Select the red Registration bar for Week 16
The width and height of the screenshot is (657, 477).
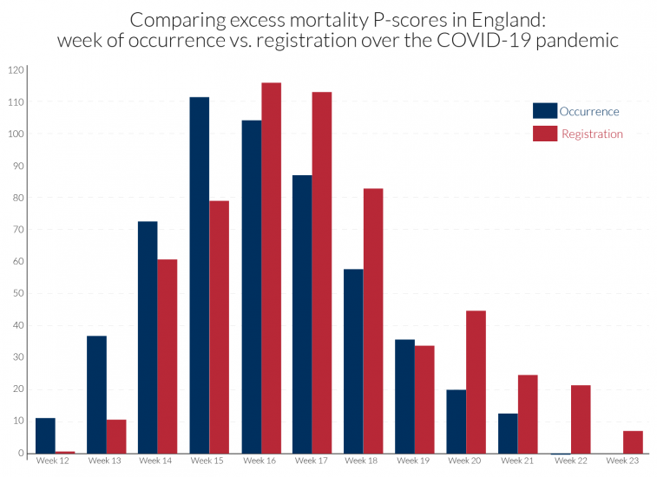pos(271,268)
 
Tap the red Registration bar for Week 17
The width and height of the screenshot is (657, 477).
pos(322,272)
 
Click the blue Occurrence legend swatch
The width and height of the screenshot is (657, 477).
pos(544,111)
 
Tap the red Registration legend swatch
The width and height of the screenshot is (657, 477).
pos(544,134)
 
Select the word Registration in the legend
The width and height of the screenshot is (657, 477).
pos(592,134)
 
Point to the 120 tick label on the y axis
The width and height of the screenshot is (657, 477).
pos(16,70)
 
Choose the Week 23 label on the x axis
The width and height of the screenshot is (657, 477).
pos(619,461)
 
